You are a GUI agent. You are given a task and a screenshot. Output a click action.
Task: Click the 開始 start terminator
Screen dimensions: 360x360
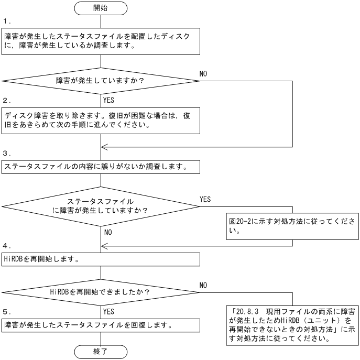[100, 8]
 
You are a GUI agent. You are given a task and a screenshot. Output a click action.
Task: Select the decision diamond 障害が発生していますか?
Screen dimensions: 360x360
[100, 81]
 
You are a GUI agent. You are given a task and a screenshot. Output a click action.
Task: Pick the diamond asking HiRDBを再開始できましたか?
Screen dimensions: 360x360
[100, 291]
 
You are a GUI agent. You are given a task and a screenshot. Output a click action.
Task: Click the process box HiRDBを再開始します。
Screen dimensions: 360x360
[100, 259]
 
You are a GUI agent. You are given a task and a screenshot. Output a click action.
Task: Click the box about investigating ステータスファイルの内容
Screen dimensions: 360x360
[100, 167]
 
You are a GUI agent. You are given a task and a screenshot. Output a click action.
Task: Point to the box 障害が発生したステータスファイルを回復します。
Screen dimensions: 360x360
[100, 325]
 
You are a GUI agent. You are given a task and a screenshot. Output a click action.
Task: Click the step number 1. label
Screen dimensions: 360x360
[6, 22]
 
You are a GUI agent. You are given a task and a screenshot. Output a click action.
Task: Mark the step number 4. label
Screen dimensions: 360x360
[6, 245]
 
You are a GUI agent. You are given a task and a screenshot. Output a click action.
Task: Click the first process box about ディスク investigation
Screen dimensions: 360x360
[100, 41]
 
